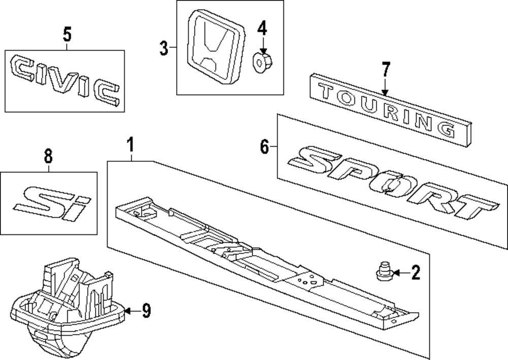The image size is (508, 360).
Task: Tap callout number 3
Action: (x=164, y=48)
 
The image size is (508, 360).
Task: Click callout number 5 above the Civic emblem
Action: (x=67, y=35)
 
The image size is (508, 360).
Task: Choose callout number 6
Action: (x=264, y=147)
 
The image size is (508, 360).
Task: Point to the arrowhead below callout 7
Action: (x=385, y=93)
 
